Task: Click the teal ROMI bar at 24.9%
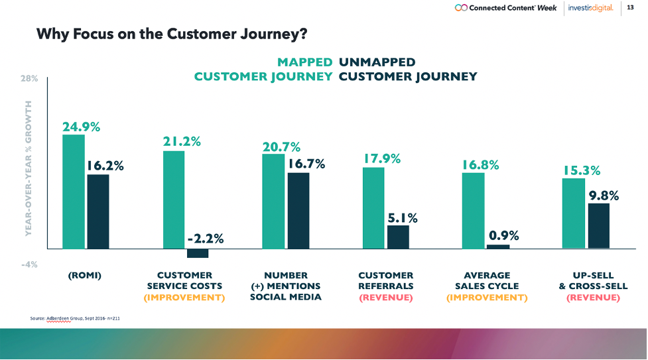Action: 74,192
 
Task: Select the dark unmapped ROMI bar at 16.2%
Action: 98,211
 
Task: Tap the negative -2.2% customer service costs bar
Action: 198,253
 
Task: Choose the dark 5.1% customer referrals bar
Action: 398,237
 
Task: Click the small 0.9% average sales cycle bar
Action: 498,246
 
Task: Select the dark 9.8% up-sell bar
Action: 598,225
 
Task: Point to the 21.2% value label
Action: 182,141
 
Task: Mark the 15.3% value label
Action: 582,170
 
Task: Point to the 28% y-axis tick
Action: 30,78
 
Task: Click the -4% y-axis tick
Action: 30,264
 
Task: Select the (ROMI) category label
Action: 85,275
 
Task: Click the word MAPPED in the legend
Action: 304,62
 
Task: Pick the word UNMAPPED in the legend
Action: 377,62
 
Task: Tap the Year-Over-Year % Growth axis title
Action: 29,168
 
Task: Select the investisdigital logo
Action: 591,8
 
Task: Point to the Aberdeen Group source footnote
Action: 74,319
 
